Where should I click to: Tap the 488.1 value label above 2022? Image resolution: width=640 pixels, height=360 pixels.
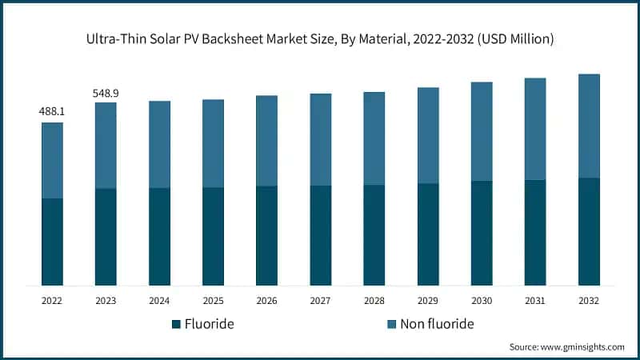coord(52,112)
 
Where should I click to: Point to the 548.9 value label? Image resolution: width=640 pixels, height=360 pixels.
coord(106,93)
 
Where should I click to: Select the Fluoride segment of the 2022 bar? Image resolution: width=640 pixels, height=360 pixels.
coord(52,242)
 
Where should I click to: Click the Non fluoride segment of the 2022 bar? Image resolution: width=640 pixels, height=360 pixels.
coord(52,160)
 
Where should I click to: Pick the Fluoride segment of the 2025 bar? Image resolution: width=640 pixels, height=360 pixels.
coord(213,236)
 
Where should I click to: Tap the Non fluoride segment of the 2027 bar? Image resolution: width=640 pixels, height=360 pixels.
coord(320,139)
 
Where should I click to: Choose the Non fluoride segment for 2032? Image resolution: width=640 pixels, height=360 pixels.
coord(589,126)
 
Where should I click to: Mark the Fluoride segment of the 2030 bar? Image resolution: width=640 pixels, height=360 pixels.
coord(482,233)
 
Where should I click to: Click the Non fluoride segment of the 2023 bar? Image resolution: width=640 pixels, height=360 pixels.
coord(106,146)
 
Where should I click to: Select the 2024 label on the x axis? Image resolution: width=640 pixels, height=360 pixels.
coord(159,302)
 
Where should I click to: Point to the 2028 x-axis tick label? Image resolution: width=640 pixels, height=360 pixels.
coord(374,302)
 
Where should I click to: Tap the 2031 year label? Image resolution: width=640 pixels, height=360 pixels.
coord(535,302)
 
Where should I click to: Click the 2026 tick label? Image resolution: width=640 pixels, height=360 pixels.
coord(266,302)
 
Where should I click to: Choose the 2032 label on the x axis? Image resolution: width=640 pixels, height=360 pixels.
coord(589,302)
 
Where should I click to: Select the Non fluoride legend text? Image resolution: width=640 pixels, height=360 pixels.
coord(437,324)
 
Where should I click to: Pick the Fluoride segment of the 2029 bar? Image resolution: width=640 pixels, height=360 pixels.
coord(428,234)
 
